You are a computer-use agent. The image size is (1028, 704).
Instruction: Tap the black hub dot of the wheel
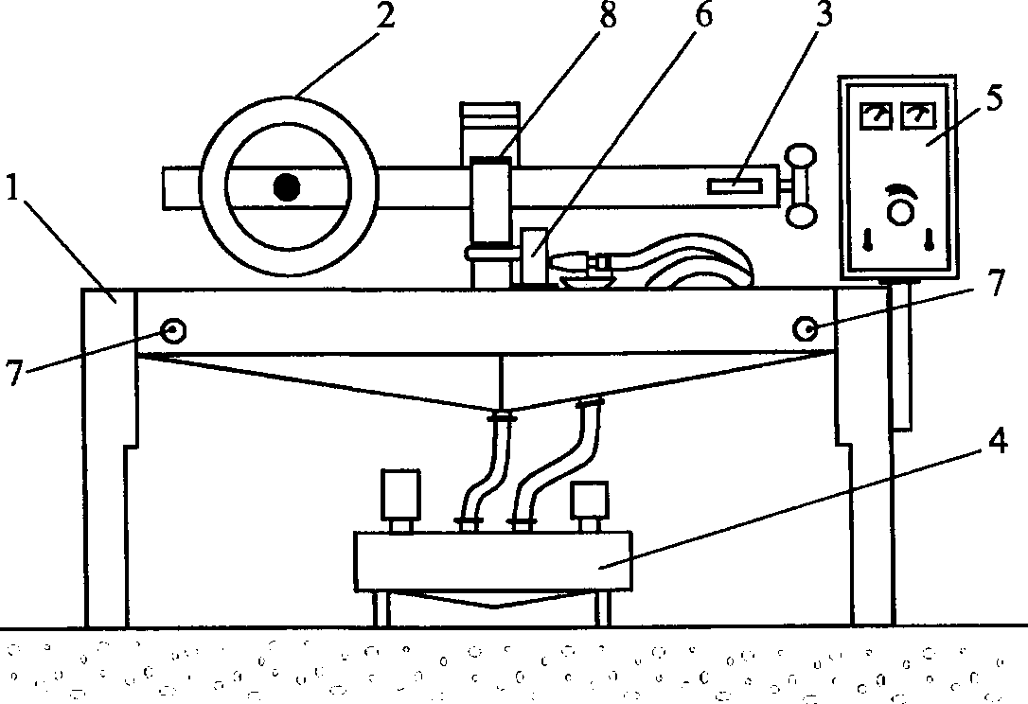[x=286, y=187]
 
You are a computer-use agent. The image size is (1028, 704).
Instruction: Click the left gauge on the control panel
[x=876, y=115]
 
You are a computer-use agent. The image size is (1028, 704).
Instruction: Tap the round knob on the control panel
[x=896, y=210]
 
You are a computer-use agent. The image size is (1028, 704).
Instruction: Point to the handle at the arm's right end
[x=801, y=185]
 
